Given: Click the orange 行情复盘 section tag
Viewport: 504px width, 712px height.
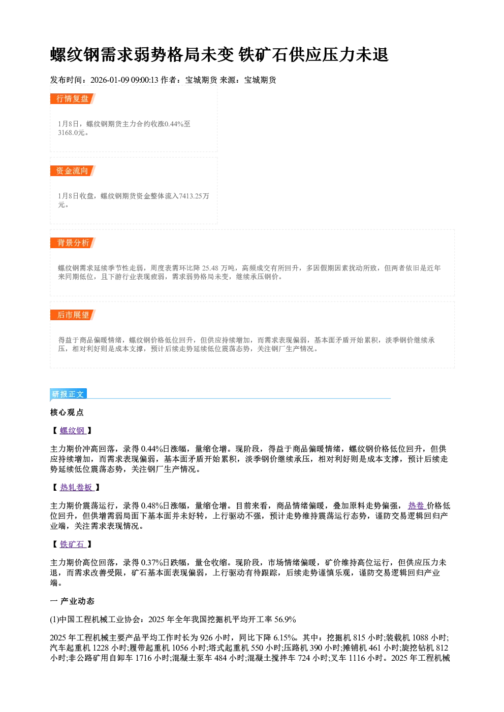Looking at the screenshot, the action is [73, 98].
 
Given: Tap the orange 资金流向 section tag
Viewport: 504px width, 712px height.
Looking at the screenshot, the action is [73, 171].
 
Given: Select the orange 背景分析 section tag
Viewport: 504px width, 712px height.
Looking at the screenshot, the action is [73, 243].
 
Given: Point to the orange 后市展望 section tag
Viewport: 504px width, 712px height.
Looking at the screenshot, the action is [73, 315].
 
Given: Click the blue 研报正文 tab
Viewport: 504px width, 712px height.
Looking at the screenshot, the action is [68, 394].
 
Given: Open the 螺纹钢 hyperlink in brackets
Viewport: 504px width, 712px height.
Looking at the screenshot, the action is [73, 431].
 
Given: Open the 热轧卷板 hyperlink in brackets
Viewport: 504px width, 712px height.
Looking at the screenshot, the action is [77, 488].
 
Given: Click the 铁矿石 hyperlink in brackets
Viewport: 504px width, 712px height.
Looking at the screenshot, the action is [73, 545].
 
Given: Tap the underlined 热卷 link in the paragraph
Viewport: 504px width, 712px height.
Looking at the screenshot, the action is [417, 506].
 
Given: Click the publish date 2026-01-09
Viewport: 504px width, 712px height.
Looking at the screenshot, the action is [110, 80].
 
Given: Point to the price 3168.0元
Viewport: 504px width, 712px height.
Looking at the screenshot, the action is [72, 132].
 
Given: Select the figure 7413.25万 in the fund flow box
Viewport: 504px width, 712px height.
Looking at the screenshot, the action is [194, 196].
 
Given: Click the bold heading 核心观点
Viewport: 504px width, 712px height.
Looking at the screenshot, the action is [67, 413].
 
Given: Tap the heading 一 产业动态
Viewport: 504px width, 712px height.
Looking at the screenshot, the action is [72, 601].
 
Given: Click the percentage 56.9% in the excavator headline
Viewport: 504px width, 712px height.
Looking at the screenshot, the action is [285, 620].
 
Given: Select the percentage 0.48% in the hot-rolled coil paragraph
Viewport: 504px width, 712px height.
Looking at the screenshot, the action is [152, 506].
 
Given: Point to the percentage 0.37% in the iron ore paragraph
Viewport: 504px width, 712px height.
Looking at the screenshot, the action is [152, 563].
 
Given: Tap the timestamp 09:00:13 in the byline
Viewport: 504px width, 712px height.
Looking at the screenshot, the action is [144, 80].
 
